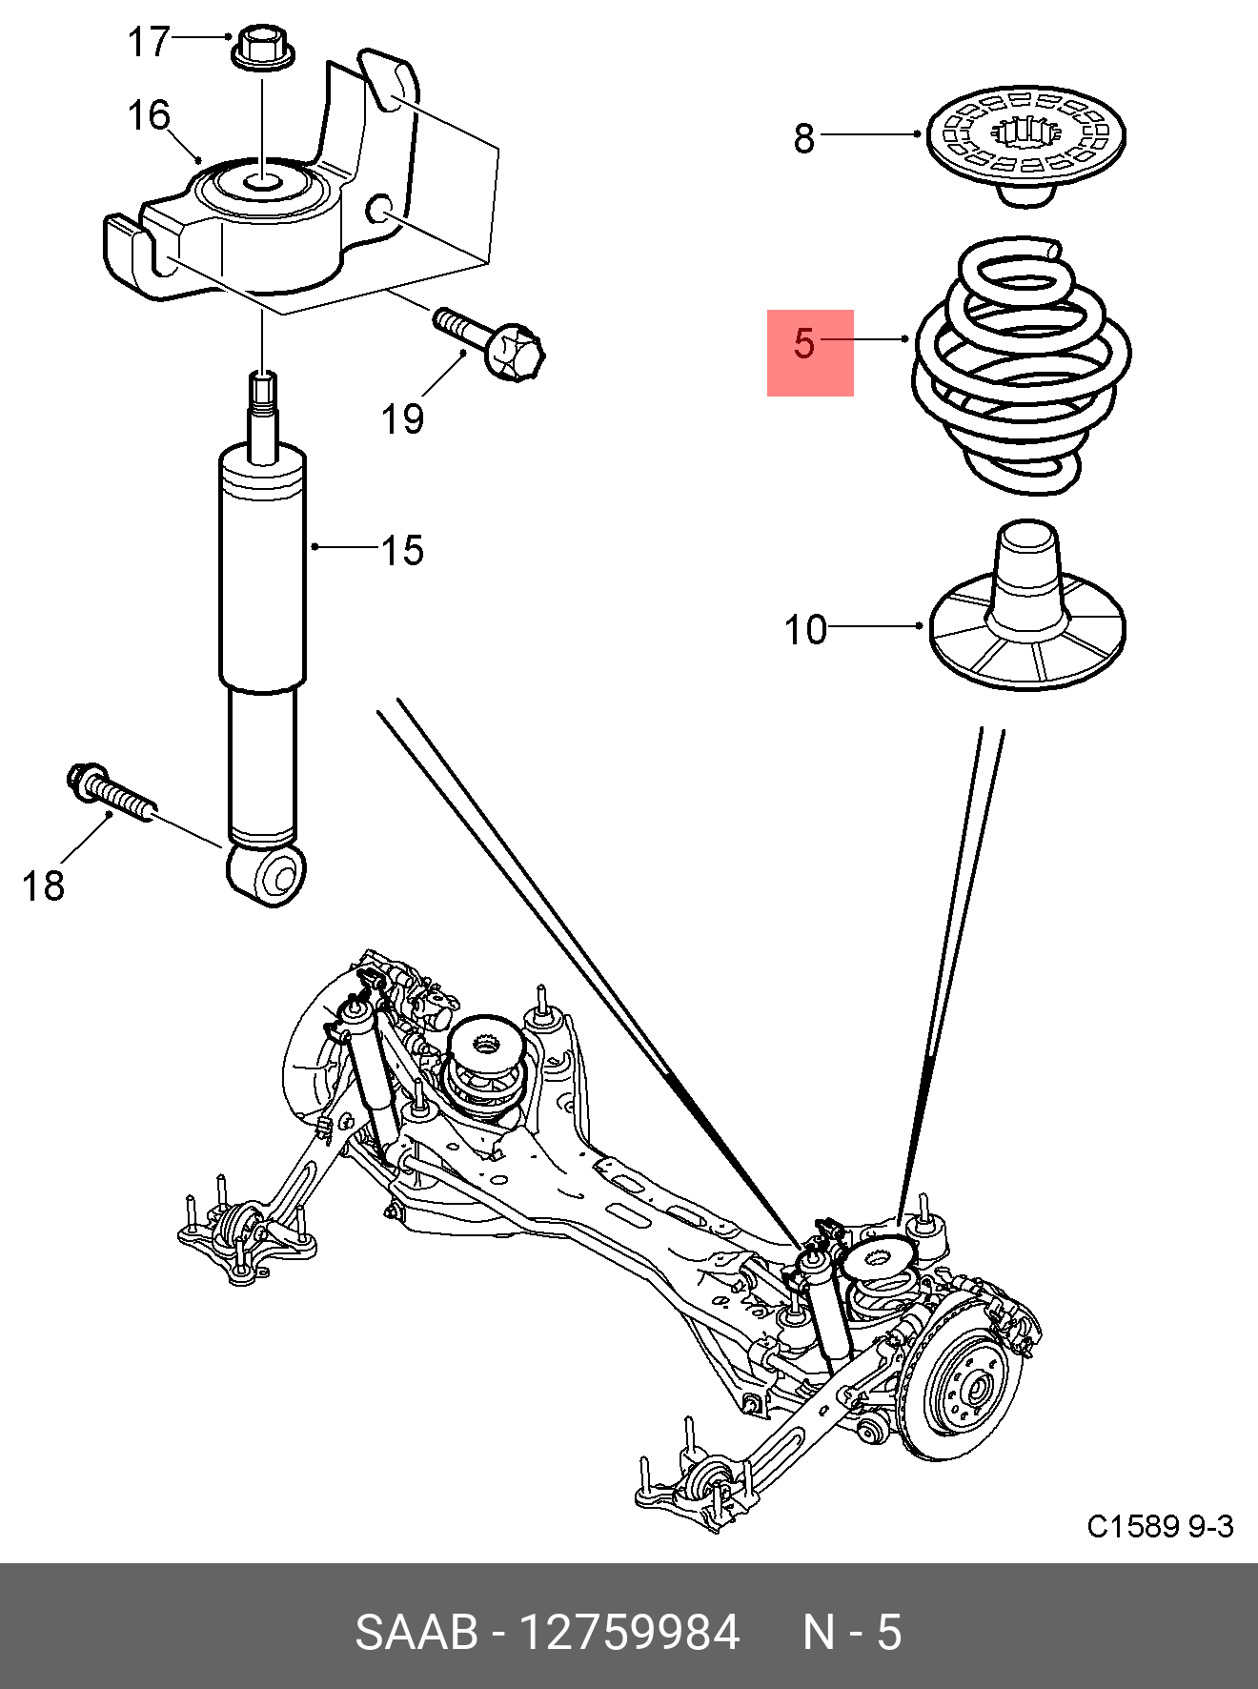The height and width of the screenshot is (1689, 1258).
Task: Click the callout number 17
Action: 149,42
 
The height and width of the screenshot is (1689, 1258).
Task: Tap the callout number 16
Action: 149,115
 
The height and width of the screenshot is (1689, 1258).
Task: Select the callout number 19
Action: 402,418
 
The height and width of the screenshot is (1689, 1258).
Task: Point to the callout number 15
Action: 402,550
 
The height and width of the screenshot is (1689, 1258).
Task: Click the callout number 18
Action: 43,885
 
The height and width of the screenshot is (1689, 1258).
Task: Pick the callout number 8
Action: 804,138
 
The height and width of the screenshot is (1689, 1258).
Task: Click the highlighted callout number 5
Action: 806,343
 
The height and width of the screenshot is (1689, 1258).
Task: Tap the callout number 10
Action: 805,630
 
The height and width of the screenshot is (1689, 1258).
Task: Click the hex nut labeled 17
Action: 261,49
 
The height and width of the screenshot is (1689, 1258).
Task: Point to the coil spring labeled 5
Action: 1022,367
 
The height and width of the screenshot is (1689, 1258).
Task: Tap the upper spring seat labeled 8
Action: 1025,139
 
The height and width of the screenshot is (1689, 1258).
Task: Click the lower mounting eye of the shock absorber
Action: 270,872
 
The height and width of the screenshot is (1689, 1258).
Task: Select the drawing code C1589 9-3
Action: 1160,1526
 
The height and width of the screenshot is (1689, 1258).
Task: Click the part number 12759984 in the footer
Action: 628,1632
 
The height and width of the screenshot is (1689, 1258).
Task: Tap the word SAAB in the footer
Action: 416,1632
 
